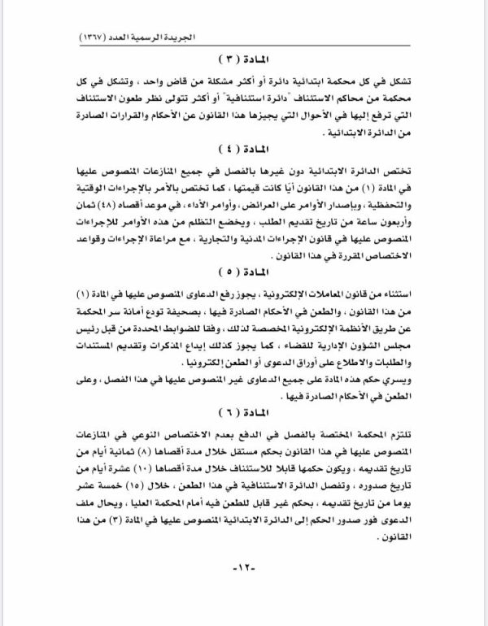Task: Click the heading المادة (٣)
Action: tap(245, 62)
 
